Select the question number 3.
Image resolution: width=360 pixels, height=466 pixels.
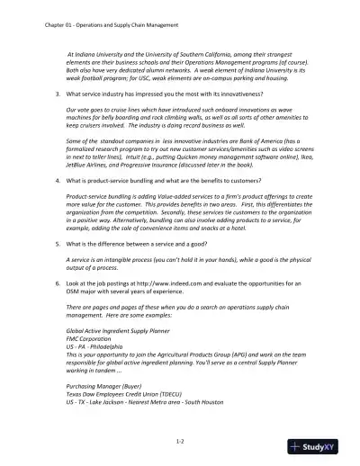(x=58, y=94)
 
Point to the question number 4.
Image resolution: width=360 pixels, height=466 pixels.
(x=58, y=181)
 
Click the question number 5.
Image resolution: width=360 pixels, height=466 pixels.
(x=58, y=243)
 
